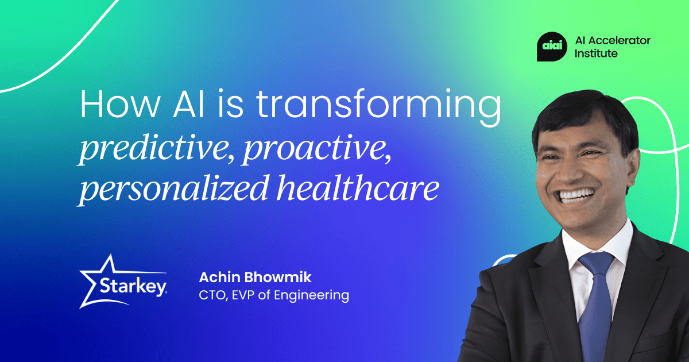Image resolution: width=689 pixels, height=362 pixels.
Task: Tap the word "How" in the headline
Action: coord(115,106)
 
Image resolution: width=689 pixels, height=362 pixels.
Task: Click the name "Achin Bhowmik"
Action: coord(255,278)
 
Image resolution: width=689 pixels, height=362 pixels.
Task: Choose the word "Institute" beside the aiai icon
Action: coord(597,53)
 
